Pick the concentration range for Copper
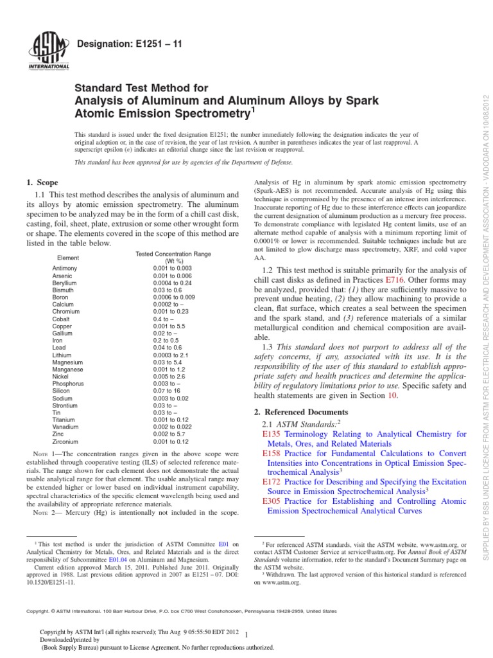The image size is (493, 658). pos(168,325)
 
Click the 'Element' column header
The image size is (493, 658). pos(67,257)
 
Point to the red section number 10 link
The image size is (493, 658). pos(394,395)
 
